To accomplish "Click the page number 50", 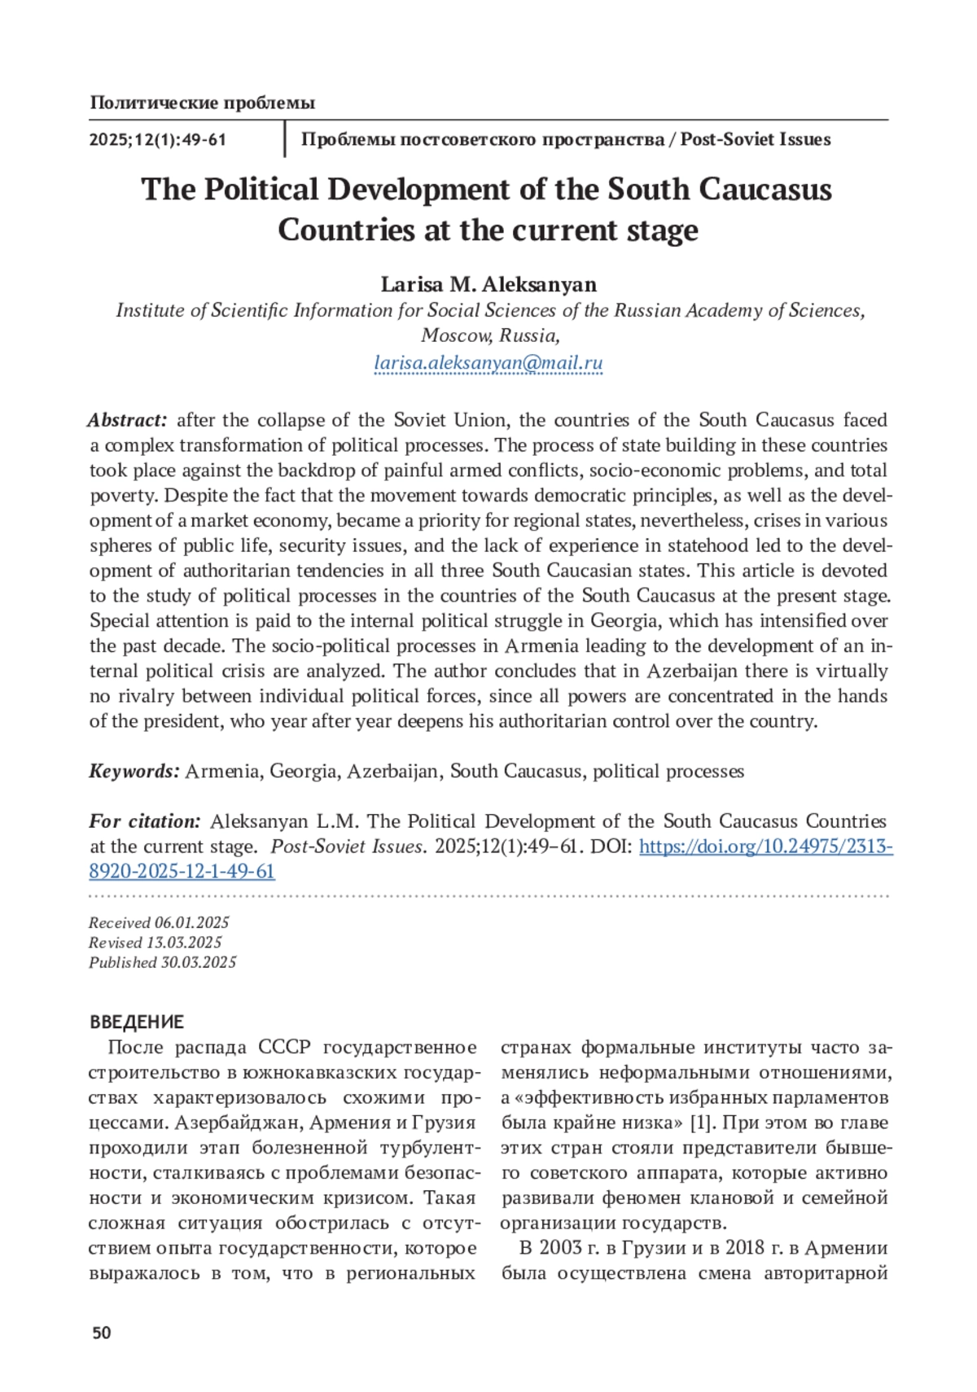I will pyautogui.click(x=101, y=1333).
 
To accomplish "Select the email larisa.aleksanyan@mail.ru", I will pyautogui.click(x=488, y=363).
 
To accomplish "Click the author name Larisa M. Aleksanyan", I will pyautogui.click(x=488, y=284).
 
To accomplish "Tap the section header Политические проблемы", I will pyautogui.click(x=202, y=103).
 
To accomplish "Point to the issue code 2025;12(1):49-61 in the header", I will pyautogui.click(x=157, y=139).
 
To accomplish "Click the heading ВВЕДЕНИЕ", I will pyautogui.click(x=137, y=1022).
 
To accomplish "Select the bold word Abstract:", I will pyautogui.click(x=128, y=420).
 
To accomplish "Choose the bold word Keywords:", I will pyautogui.click(x=134, y=771).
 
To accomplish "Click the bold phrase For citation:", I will pyautogui.click(x=145, y=821).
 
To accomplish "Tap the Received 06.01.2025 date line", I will pyautogui.click(x=159, y=922).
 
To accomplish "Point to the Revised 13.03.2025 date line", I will pyautogui.click(x=155, y=942).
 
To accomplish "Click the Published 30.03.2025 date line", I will pyautogui.click(x=162, y=962).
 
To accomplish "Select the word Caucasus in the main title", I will pyautogui.click(x=765, y=190).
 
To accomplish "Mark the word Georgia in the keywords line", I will pyautogui.click(x=304, y=771).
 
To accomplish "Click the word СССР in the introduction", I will pyautogui.click(x=284, y=1048).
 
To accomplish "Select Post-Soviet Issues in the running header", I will pyautogui.click(x=755, y=139).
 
